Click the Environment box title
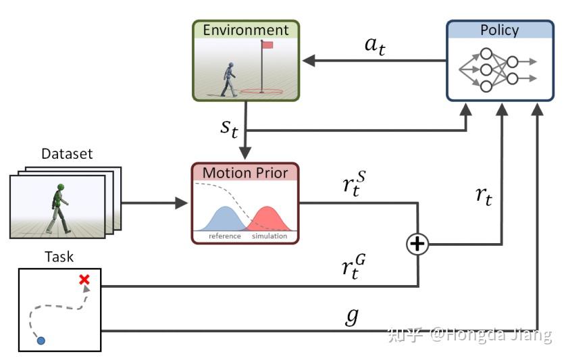tap(246, 30)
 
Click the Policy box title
tap(499, 30)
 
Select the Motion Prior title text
tap(245, 172)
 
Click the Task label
tap(59, 257)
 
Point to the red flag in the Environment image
tap(267, 45)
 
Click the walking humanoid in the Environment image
tap(230, 79)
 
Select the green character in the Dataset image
tap(57, 205)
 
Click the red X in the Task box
tap(84, 280)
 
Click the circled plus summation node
tap(418, 244)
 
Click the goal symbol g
tap(352, 316)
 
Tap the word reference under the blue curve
tap(225, 236)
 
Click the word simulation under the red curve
tap(269, 236)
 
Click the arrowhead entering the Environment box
tap(308, 61)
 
